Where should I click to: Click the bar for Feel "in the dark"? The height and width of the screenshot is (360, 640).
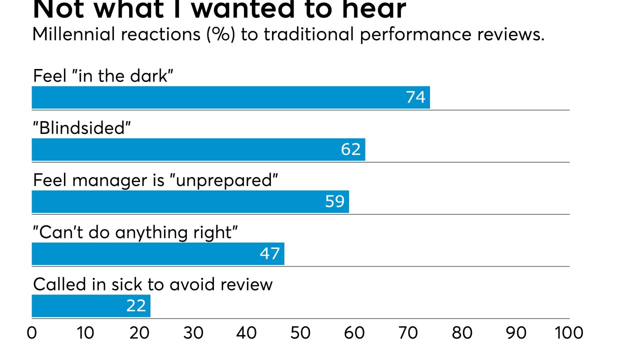coord(230,97)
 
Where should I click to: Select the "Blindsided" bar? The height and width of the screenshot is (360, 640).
coord(198,149)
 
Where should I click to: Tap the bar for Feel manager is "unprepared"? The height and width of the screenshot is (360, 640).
coord(190,201)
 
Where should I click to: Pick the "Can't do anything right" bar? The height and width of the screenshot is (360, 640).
coord(157,254)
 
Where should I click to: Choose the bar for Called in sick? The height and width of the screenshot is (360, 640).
coord(90,306)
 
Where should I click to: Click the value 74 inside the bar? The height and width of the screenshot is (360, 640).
coord(415,97)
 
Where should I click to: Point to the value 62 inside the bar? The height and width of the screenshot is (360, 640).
coord(350,149)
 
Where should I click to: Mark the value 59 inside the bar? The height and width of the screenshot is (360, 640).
coord(334,201)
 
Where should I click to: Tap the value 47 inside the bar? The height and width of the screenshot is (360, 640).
coord(269,254)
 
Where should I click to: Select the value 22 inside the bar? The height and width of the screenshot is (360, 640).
coord(135,306)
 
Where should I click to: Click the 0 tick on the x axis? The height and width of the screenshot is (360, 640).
coord(32,333)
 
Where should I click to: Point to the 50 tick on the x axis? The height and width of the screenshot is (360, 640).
coord(300,333)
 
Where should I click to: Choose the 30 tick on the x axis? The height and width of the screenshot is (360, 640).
coord(193,333)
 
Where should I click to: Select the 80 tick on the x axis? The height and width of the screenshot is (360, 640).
coord(462,333)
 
